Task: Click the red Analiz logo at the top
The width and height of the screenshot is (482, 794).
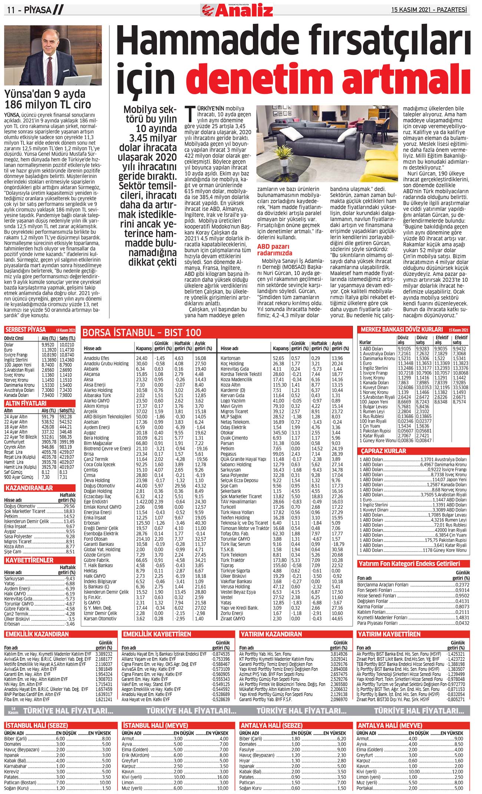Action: click(x=237, y=10)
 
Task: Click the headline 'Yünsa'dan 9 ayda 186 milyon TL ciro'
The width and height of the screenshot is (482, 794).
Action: click(x=47, y=99)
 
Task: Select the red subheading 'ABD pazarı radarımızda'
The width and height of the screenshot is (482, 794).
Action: click(x=275, y=250)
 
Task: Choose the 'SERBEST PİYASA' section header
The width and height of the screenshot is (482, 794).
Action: click(x=26, y=330)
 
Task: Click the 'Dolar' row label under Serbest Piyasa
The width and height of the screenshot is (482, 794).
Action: click(x=9, y=345)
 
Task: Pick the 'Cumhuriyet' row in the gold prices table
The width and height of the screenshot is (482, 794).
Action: click(x=15, y=442)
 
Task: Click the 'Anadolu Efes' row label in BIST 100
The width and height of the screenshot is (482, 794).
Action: click(x=96, y=358)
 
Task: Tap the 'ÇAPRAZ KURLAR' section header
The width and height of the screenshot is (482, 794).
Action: click(x=383, y=451)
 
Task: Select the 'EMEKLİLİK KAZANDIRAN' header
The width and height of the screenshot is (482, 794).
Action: click(x=37, y=634)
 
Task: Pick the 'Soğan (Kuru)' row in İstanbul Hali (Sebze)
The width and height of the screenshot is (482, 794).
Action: click(x=17, y=788)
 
